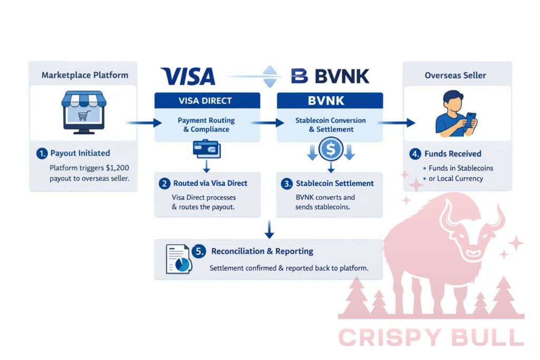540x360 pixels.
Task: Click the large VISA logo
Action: click(188, 76)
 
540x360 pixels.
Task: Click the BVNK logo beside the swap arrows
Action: click(330, 76)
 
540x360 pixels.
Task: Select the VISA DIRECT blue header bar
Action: click(207, 100)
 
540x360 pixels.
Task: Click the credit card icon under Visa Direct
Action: click(207, 149)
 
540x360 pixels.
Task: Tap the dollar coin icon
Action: click(331, 149)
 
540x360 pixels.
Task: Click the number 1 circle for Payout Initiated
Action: click(42, 153)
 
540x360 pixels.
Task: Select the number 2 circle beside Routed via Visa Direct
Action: click(165, 183)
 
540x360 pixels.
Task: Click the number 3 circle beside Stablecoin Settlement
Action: click(286, 183)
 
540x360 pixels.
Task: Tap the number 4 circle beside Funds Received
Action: click(416, 154)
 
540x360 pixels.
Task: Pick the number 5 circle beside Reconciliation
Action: click(200, 251)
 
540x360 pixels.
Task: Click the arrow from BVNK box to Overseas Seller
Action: click(396, 123)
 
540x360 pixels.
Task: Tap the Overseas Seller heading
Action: click(456, 75)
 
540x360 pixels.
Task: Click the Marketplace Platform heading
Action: click(84, 75)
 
